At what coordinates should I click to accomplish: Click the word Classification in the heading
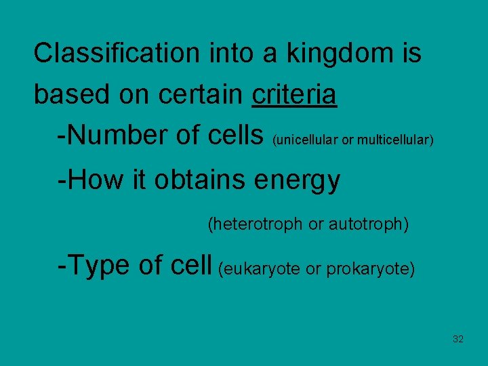click(116, 53)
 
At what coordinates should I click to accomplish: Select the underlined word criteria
click(293, 96)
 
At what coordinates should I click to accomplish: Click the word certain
click(201, 96)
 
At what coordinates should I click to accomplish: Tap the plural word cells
click(234, 136)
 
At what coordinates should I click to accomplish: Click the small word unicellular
click(305, 140)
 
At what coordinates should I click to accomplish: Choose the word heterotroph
click(256, 224)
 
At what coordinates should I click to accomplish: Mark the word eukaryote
click(260, 269)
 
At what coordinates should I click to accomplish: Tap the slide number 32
click(458, 339)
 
